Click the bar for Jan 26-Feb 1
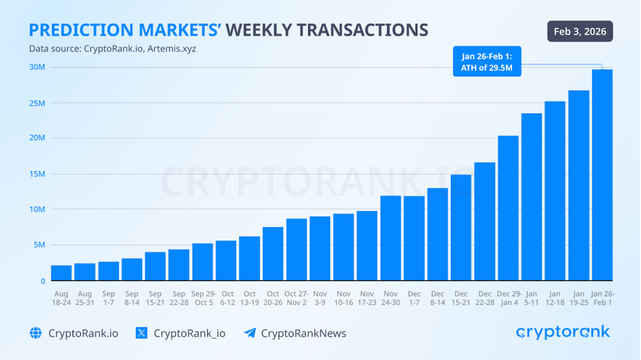(602, 175)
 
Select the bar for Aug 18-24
(61, 273)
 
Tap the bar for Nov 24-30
(391, 238)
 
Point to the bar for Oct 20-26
(273, 254)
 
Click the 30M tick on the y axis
(37, 67)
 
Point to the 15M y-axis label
(37, 174)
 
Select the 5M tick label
(39, 245)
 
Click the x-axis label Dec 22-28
(485, 298)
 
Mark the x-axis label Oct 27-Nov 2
(296, 298)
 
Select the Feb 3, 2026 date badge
(580, 31)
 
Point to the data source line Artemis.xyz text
(172, 48)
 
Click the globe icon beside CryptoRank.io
(36, 333)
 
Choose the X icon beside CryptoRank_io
(141, 333)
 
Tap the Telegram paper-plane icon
(250, 333)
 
